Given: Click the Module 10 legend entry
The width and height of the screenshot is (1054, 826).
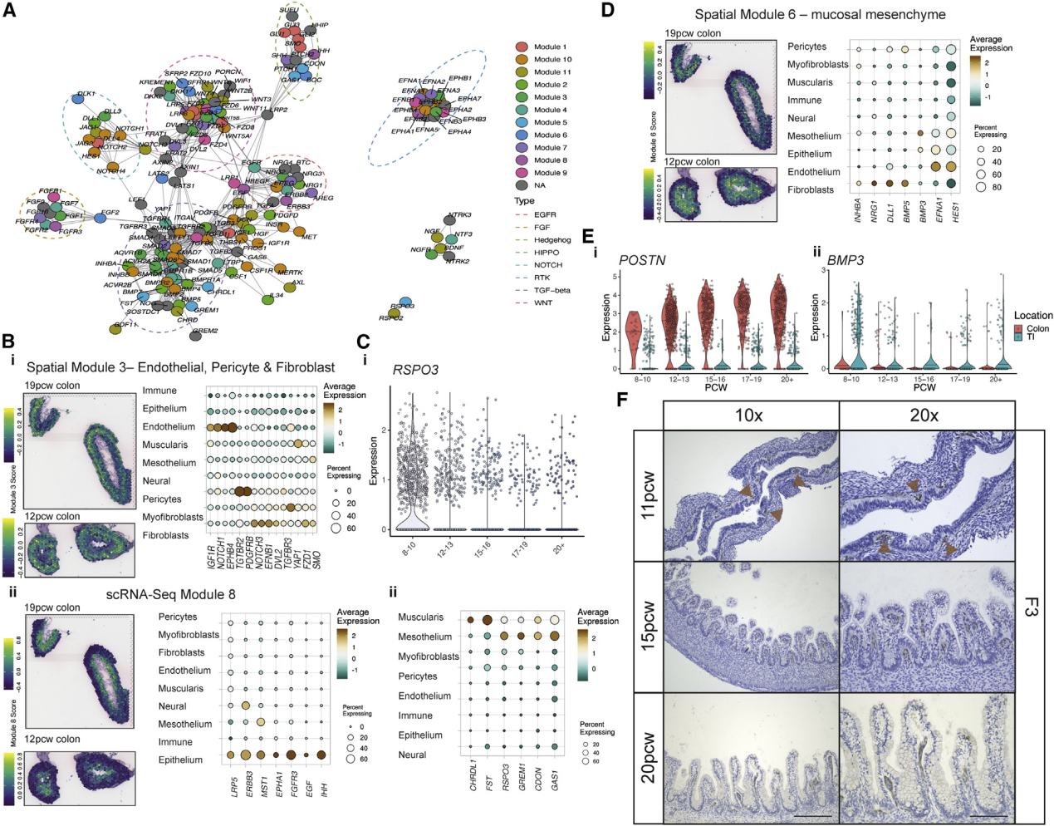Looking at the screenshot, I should (552, 60).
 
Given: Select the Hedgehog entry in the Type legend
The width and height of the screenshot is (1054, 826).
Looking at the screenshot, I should (552, 240).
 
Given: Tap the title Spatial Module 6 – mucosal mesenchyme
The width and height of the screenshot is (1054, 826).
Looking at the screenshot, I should (820, 14).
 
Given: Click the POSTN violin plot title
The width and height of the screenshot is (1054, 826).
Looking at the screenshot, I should (643, 260).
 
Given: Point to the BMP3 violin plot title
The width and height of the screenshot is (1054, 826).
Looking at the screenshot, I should (845, 260).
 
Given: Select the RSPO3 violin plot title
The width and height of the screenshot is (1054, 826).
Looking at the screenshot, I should (415, 370).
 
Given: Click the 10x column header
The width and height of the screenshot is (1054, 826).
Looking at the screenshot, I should (748, 415).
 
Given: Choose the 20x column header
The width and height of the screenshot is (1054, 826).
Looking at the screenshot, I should (924, 415).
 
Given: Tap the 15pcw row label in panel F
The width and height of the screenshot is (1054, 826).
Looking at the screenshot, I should (649, 627).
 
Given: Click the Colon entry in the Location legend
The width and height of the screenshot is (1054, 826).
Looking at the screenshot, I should (1037, 328).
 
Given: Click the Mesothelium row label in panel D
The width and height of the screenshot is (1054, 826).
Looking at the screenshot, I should (814, 136).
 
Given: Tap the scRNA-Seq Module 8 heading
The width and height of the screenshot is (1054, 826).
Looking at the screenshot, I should (170, 594).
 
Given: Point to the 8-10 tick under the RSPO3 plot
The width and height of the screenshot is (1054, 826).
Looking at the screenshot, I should (408, 548).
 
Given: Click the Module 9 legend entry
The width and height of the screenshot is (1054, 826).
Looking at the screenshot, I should (550, 173).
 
